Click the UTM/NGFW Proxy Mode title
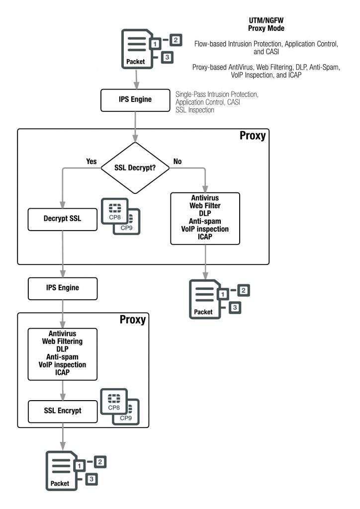point(266,24)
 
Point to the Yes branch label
point(91,162)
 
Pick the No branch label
point(178,162)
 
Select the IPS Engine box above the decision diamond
point(135,99)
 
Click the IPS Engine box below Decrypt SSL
point(62,288)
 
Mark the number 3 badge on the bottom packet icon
point(92,479)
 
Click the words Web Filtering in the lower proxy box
point(62,341)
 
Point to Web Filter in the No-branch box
point(205,205)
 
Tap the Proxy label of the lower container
point(132,320)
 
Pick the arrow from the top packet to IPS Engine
point(135,79)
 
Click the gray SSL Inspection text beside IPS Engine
point(195,110)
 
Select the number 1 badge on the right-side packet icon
point(223,294)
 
